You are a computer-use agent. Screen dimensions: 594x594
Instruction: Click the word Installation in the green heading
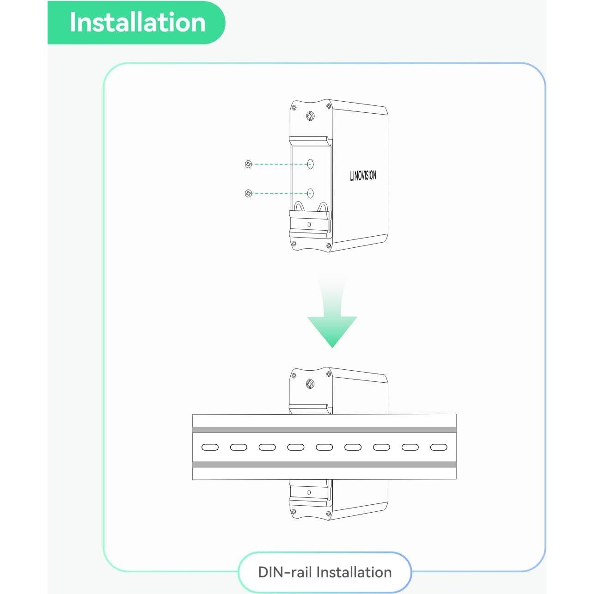pyautogui.click(x=137, y=22)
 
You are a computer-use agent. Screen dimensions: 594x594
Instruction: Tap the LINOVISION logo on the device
pyautogui.click(x=363, y=176)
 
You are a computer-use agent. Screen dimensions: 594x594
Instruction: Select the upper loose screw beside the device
pyautogui.click(x=248, y=164)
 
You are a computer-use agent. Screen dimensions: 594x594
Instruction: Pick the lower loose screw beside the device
pyautogui.click(x=248, y=193)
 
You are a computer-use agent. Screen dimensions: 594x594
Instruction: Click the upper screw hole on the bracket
pyautogui.click(x=310, y=164)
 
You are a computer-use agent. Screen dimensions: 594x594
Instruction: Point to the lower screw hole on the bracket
pyautogui.click(x=310, y=193)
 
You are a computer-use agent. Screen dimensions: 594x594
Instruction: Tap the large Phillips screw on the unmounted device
pyautogui.click(x=311, y=116)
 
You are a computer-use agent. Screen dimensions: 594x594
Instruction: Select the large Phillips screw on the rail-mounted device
pyautogui.click(x=311, y=384)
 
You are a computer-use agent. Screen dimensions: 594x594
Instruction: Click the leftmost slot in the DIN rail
pyautogui.click(x=210, y=447)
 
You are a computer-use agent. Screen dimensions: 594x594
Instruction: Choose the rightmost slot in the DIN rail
pyautogui.click(x=439, y=447)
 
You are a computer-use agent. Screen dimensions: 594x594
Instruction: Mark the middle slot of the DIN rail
pyautogui.click(x=325, y=447)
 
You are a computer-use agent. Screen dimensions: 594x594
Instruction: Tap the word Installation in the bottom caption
pyautogui.click(x=354, y=572)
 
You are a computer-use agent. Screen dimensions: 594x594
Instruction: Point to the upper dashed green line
pyautogui.click(x=279, y=164)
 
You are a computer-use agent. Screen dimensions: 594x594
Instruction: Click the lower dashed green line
pyautogui.click(x=279, y=193)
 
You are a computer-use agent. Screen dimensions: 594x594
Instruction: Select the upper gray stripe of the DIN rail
pyautogui.click(x=325, y=430)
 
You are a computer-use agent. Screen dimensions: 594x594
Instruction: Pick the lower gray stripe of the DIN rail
pyautogui.click(x=325, y=465)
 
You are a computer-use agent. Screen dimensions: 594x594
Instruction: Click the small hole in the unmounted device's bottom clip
pyautogui.click(x=309, y=225)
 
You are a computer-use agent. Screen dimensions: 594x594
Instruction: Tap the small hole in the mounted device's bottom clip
pyautogui.click(x=309, y=493)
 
